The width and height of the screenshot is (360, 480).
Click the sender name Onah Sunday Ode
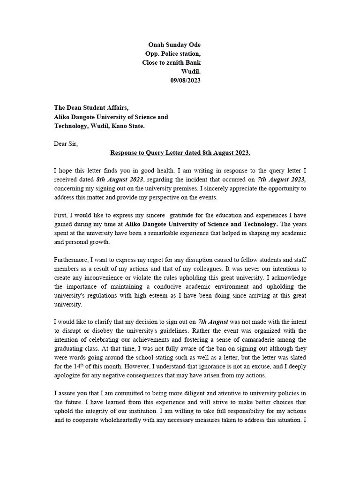coord(174,45)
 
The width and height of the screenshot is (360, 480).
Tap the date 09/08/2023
coord(185,80)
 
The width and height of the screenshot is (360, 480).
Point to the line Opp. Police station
coord(172,53)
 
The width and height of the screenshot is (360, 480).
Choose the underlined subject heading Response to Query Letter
coord(180,153)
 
